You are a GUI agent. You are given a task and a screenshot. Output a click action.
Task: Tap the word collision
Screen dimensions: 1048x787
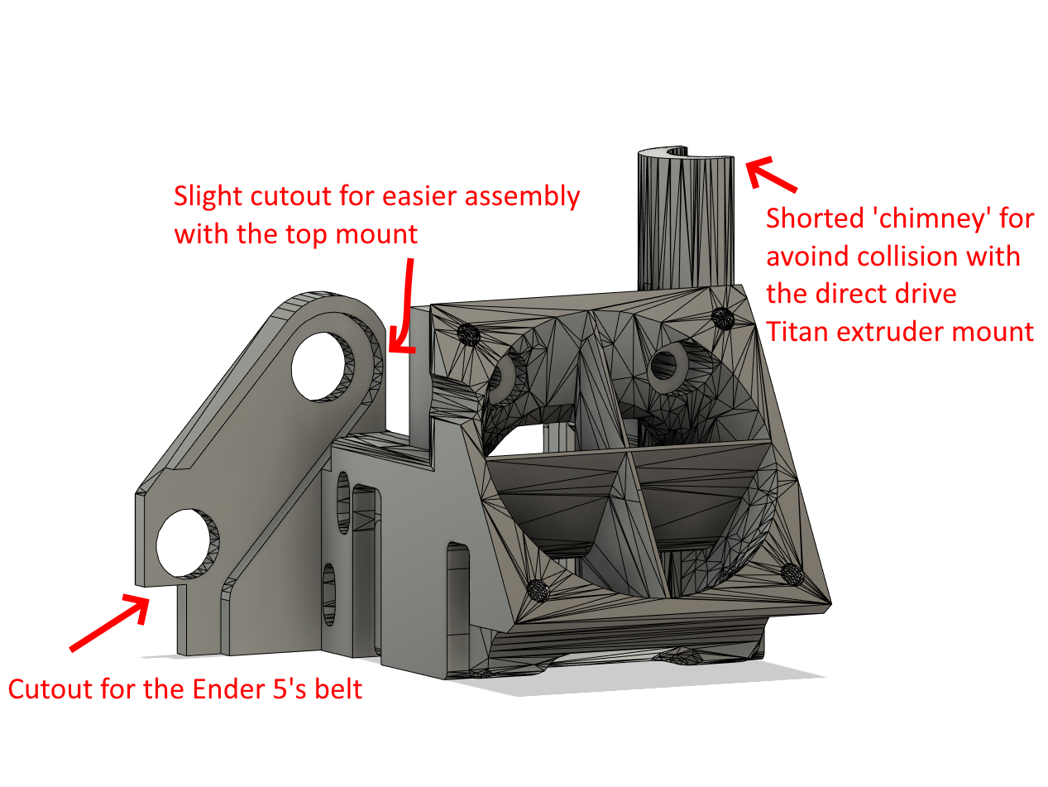(x=910, y=256)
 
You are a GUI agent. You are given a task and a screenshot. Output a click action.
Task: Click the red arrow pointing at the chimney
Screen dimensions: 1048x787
(x=771, y=174)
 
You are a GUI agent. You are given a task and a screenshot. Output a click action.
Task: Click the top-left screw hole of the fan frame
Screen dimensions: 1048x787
(x=468, y=334)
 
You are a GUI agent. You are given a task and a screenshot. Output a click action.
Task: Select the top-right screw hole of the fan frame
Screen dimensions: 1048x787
(x=722, y=319)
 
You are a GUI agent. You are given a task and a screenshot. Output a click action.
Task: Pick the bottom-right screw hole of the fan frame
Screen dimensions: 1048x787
(x=792, y=574)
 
